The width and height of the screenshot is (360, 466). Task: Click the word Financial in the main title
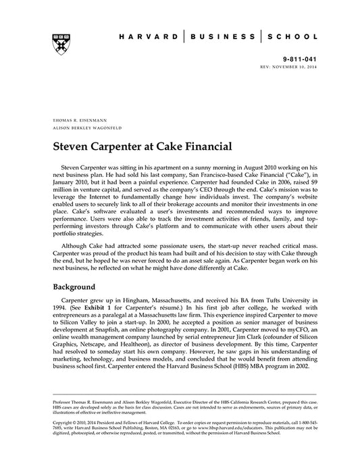193,146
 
